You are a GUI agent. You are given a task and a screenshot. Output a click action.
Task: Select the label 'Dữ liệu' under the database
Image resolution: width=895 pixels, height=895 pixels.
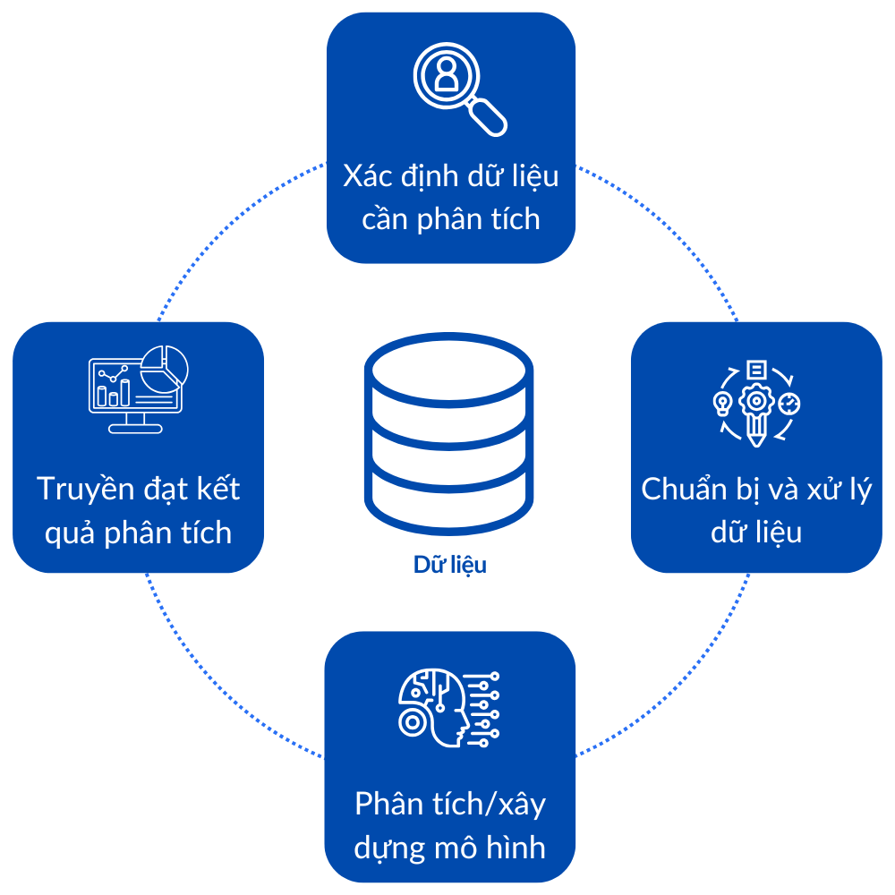pyautogui.click(x=450, y=566)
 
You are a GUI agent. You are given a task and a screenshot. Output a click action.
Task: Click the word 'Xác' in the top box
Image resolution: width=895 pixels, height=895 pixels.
pyautogui.click(x=369, y=175)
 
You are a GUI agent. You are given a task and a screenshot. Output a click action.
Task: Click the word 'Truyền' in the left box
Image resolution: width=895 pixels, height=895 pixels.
pyautogui.click(x=85, y=490)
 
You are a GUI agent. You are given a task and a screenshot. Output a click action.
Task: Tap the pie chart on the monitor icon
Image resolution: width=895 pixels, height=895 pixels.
pyautogui.click(x=167, y=365)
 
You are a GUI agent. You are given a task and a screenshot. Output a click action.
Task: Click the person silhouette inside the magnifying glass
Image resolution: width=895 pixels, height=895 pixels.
pyautogui.click(x=446, y=75)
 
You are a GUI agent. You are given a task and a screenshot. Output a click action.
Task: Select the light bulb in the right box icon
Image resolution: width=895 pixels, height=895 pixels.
pyautogui.click(x=722, y=403)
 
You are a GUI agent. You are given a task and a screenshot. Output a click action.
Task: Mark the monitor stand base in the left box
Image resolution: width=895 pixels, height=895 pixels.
pyautogui.click(x=135, y=428)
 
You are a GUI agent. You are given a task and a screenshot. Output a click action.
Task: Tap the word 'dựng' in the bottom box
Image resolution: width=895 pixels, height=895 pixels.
pyautogui.click(x=387, y=848)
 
